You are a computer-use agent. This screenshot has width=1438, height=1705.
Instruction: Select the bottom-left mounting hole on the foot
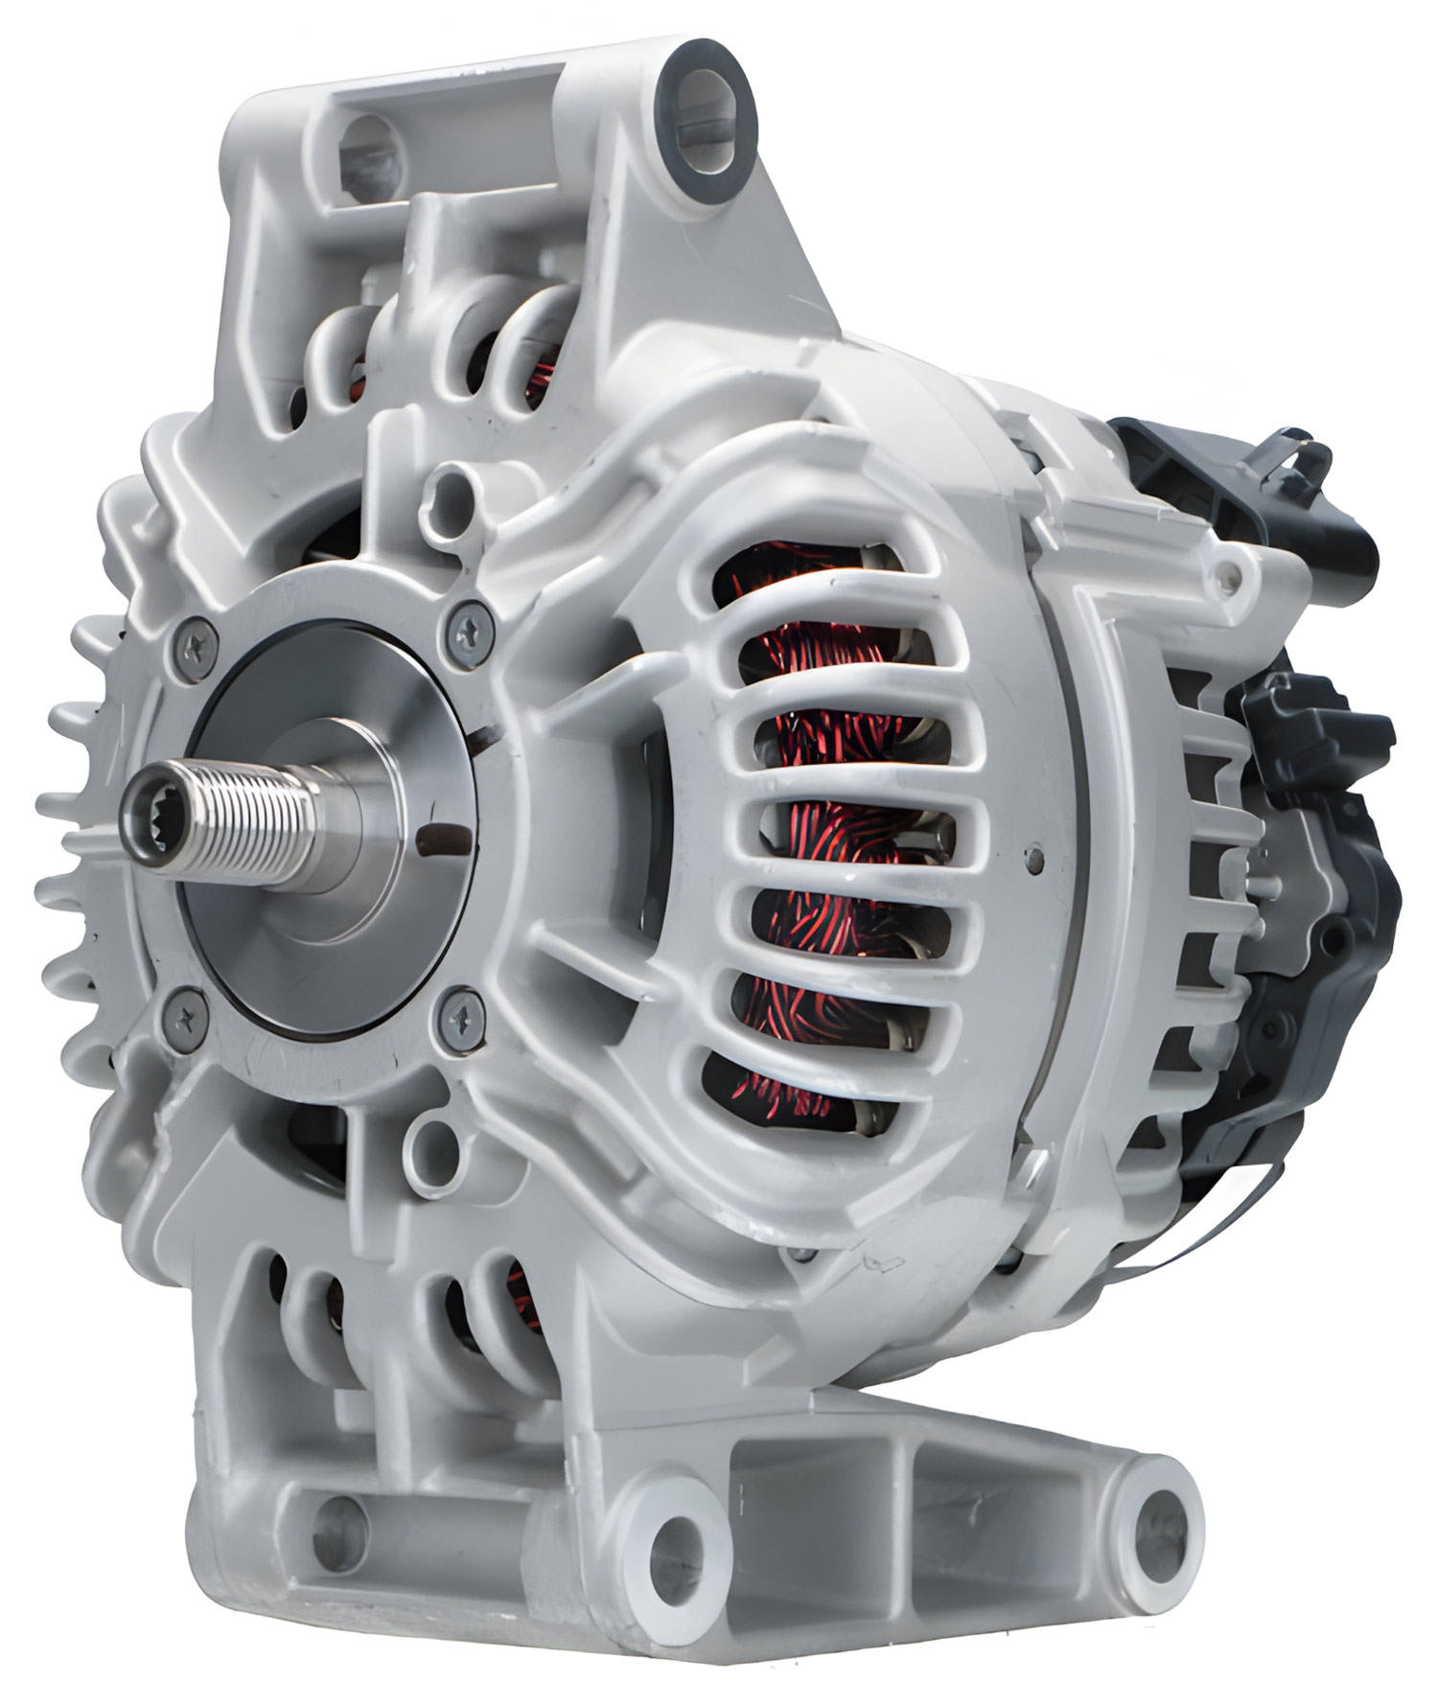pyautogui.click(x=339, y=1530)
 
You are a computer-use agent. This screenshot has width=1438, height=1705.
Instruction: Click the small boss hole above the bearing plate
pyautogui.click(x=449, y=495)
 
